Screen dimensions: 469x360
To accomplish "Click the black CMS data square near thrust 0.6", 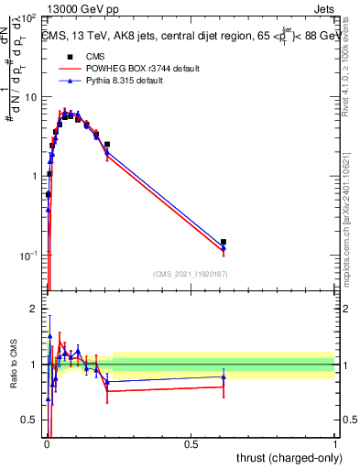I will coord(224,242).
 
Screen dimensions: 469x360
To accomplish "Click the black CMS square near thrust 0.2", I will coord(107,144).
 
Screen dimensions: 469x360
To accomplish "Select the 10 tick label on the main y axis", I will coord(30,97).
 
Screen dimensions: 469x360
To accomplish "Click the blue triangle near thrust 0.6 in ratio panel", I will coord(224,376).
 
